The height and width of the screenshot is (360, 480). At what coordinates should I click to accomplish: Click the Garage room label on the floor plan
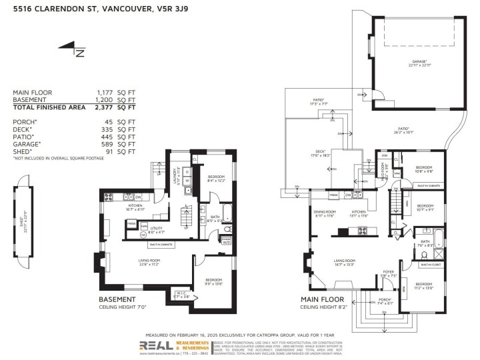(x=418, y=64)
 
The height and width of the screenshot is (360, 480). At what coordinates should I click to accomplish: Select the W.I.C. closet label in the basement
(x=182, y=295)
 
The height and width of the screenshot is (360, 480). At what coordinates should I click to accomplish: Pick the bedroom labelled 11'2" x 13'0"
(x=423, y=287)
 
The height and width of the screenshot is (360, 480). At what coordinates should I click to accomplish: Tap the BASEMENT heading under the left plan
(x=117, y=300)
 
